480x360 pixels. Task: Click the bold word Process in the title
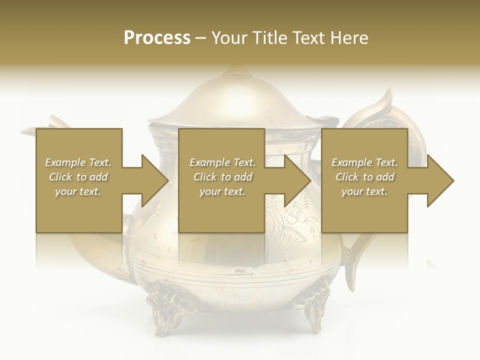click(157, 38)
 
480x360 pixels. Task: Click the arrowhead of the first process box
click(154, 180)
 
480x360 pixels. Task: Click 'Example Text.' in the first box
click(78, 162)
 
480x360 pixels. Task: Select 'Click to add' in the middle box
click(222, 177)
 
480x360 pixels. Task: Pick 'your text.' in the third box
click(364, 191)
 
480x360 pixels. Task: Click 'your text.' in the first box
click(78, 191)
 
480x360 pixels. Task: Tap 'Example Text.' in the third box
click(364, 162)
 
